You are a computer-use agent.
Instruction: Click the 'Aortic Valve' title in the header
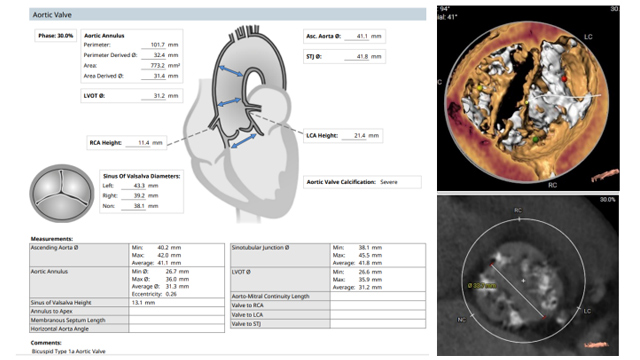30,16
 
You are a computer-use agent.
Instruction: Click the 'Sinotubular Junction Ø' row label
260,246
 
